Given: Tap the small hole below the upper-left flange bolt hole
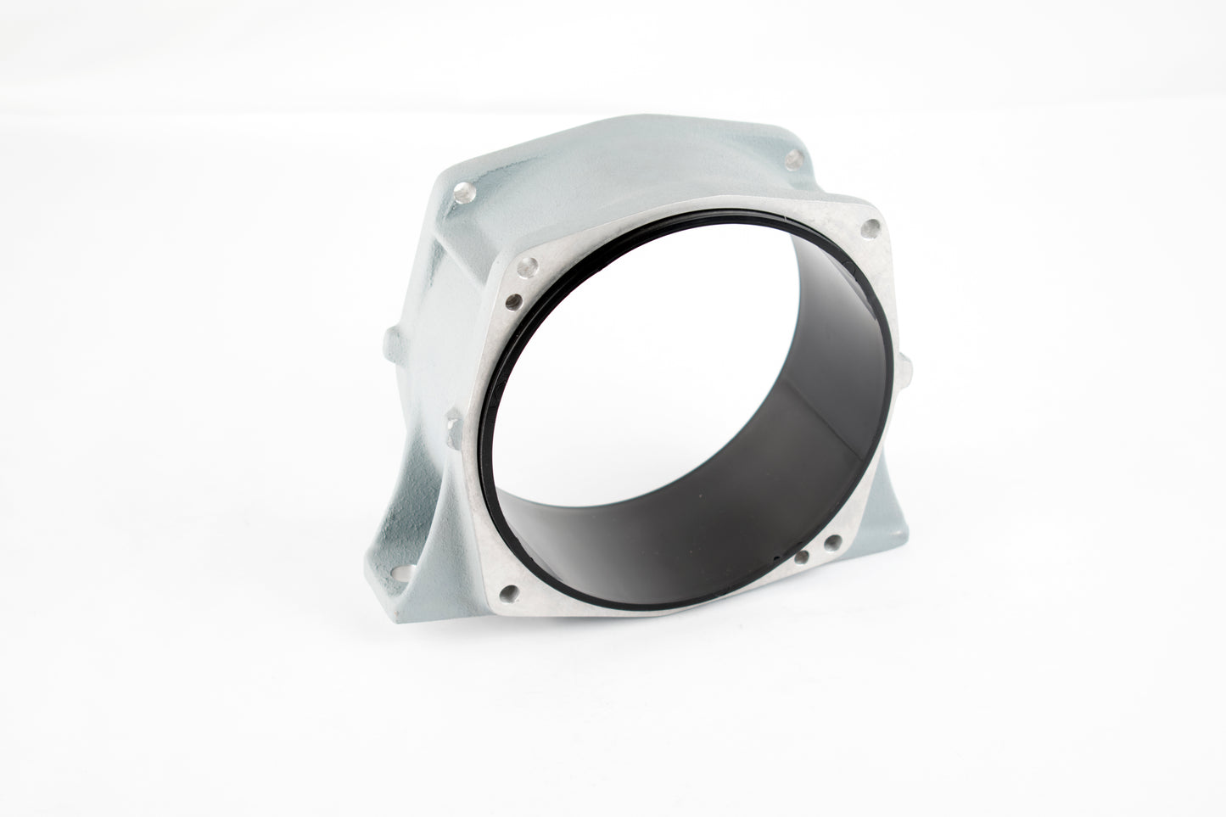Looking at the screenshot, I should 512,299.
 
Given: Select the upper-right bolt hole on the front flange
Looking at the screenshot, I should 869,228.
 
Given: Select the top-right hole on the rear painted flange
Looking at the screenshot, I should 792,157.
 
